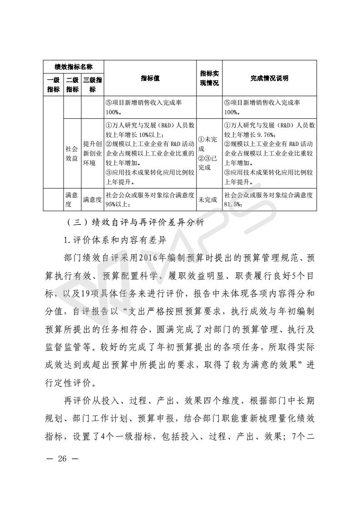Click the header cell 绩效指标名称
pos(74,67)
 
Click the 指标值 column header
pos(150,78)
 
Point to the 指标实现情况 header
pos(209,78)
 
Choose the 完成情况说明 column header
pos(269,78)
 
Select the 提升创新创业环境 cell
pos(93,154)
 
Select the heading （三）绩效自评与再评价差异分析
pos(135,223)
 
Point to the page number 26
pos(62,459)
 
